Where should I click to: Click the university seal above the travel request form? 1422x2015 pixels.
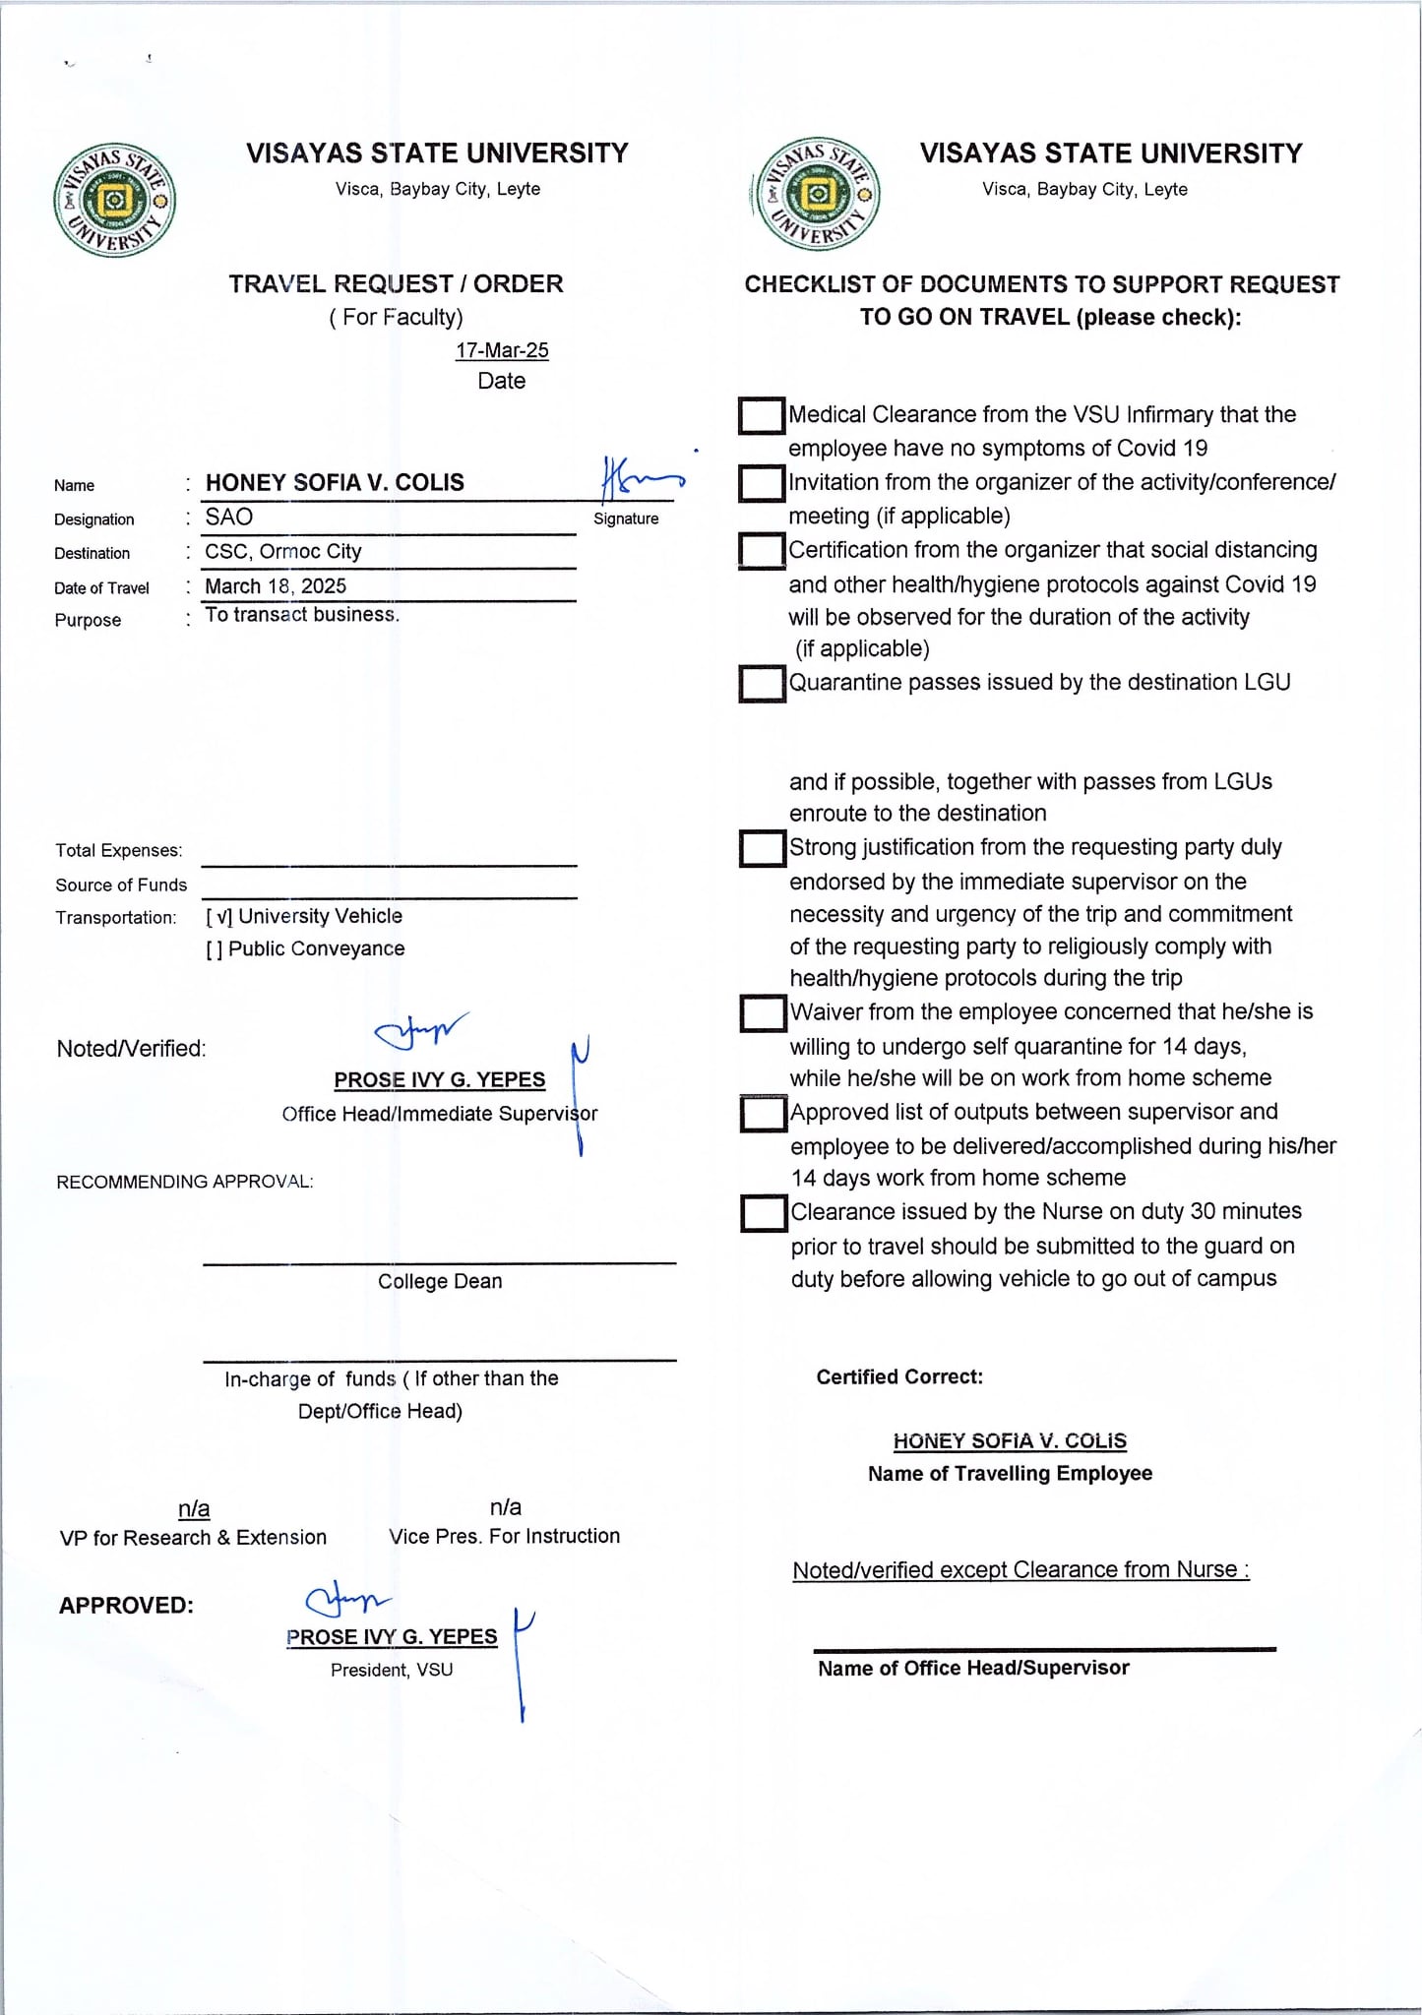coord(115,201)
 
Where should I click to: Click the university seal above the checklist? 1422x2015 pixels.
coord(816,194)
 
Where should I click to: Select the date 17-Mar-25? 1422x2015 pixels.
coord(502,350)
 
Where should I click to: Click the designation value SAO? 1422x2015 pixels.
coord(229,518)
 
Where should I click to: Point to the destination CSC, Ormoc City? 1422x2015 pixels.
coord(283,551)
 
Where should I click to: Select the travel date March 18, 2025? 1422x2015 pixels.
coord(276,586)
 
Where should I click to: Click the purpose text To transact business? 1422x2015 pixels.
coord(301,615)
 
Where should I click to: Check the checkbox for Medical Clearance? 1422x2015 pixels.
coord(761,415)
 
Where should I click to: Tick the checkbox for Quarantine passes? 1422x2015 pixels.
coord(762,683)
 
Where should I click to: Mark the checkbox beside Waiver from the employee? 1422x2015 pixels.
coord(763,1013)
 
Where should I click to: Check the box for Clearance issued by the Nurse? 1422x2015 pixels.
coord(764,1213)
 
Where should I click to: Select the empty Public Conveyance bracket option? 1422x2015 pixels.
coord(214,949)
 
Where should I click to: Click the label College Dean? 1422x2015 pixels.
coord(440,1281)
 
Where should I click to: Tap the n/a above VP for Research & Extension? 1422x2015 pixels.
coord(194,1508)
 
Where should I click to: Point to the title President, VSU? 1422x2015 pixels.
coord(392,1670)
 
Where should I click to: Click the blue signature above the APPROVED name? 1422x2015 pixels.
coord(347,1603)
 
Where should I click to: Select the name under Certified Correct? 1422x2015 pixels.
coord(1010,1441)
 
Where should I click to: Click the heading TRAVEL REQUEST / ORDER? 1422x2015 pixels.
coord(396,284)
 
